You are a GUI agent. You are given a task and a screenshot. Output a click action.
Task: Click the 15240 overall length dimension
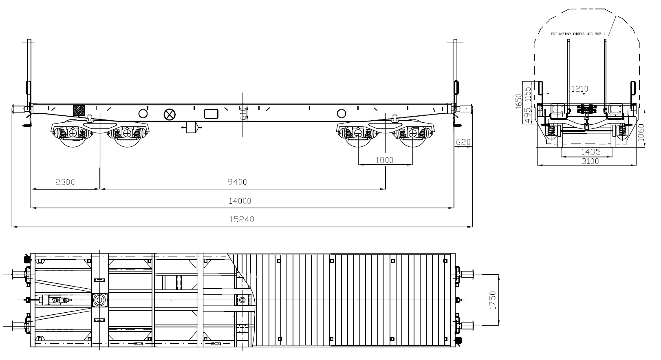(x=242, y=219)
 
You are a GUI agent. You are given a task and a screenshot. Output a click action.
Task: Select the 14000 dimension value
(x=240, y=201)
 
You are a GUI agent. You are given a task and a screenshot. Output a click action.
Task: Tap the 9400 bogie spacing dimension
(x=237, y=182)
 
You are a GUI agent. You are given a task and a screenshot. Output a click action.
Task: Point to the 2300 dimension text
(x=65, y=182)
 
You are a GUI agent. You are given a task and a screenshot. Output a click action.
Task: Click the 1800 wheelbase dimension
(x=384, y=160)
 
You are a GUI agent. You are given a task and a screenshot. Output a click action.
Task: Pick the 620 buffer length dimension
(x=463, y=142)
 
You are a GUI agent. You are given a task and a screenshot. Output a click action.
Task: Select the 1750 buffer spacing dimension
(x=493, y=300)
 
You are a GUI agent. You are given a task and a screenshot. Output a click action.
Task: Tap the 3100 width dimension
(x=590, y=161)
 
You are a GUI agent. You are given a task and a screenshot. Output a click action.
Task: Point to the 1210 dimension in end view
(x=579, y=89)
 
